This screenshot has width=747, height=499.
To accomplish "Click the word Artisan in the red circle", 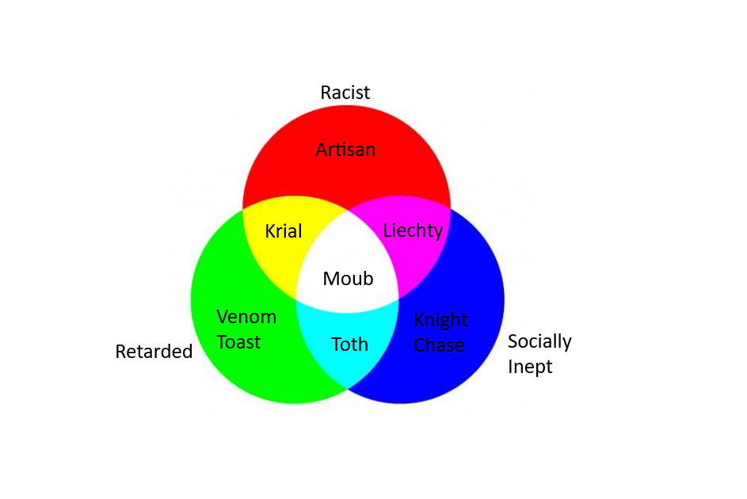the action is pyautogui.click(x=345, y=150).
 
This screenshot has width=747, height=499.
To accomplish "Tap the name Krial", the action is pyautogui.click(x=284, y=231).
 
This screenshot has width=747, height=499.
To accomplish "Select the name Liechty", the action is pyautogui.click(x=413, y=231).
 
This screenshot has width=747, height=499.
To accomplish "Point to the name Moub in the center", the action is pyautogui.click(x=348, y=279).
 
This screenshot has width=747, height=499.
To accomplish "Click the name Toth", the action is pyautogui.click(x=349, y=344).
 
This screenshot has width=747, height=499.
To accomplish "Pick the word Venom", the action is pyautogui.click(x=246, y=317).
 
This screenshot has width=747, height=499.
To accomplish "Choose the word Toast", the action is pyautogui.click(x=238, y=342).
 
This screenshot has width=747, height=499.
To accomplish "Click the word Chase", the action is pyautogui.click(x=439, y=345).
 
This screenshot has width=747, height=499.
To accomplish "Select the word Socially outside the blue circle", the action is pyautogui.click(x=539, y=342).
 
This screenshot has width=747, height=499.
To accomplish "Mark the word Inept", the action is pyautogui.click(x=530, y=367).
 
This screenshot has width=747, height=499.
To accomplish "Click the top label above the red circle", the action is pyautogui.click(x=345, y=93).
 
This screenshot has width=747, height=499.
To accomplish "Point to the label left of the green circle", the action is pyautogui.click(x=154, y=352).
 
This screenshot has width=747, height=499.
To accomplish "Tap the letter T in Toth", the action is pyautogui.click(x=337, y=344).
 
